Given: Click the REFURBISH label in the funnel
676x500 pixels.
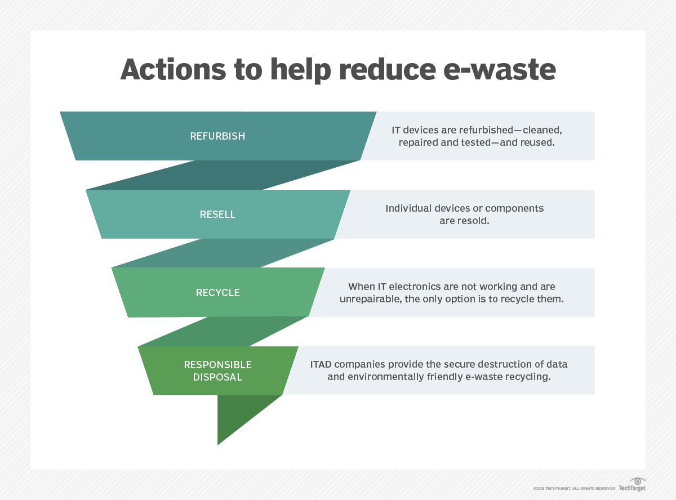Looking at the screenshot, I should pyautogui.click(x=217, y=136).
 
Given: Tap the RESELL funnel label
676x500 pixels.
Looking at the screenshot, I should pyautogui.click(x=217, y=215).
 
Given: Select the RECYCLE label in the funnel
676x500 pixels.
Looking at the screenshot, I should pyautogui.click(x=217, y=292).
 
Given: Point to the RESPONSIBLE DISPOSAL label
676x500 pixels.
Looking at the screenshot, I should pyautogui.click(x=217, y=370).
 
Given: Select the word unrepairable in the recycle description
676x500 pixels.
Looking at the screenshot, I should pyautogui.click(x=370, y=299).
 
